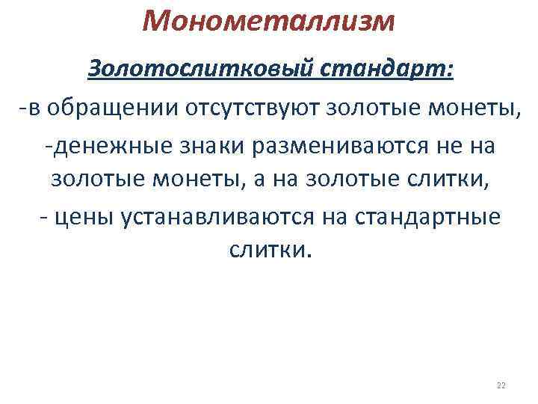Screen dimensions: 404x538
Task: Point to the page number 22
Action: click(x=501, y=385)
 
